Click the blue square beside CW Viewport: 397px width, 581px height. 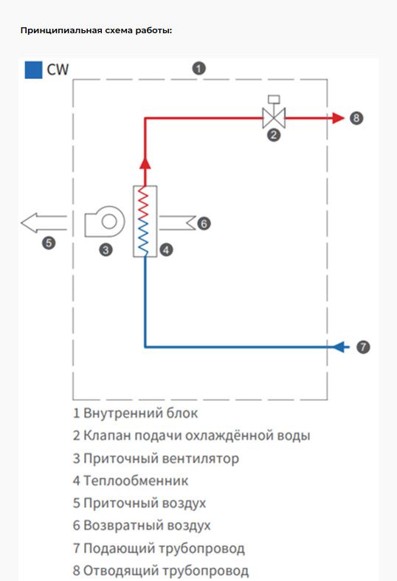pyautogui.click(x=32, y=70)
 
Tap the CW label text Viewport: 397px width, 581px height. pyautogui.click(x=57, y=70)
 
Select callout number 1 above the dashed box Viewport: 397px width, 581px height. pyautogui.click(x=198, y=68)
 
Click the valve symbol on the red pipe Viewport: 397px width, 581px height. pyautogui.click(x=274, y=116)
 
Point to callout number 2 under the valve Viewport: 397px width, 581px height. pyautogui.click(x=274, y=134)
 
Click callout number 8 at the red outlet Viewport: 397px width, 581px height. pyautogui.click(x=356, y=117)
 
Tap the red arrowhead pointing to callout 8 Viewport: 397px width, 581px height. pyautogui.click(x=339, y=117)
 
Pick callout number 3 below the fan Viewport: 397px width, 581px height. pyautogui.click(x=106, y=250)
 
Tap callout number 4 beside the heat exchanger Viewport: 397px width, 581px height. pyautogui.click(x=166, y=250)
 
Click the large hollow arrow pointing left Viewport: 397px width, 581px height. pyautogui.click(x=43, y=221)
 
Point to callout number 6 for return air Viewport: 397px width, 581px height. pyautogui.click(x=204, y=221)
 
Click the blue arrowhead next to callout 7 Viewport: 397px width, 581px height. pyautogui.click(x=342, y=345)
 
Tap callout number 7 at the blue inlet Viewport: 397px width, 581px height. pyautogui.click(x=362, y=345)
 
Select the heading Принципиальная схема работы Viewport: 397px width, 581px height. pyautogui.click(x=96, y=31)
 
